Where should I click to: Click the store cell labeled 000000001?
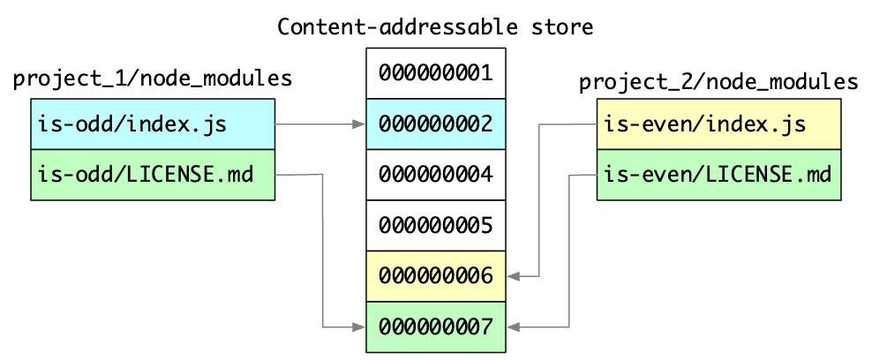click(435, 72)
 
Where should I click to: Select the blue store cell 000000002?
click(435, 124)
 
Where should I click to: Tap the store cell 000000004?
click(435, 175)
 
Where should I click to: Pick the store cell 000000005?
click(435, 226)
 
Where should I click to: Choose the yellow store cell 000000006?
click(435, 276)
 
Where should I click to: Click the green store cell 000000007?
click(435, 326)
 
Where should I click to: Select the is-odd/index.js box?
click(153, 124)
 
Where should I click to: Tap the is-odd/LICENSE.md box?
click(153, 175)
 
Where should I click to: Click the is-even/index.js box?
click(719, 124)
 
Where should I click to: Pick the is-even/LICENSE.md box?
click(719, 175)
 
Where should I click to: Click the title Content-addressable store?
click(435, 26)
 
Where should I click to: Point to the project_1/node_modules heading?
click(153, 79)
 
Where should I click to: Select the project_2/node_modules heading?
click(718, 83)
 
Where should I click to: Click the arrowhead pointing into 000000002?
click(359, 124)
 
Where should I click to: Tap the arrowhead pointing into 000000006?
click(513, 276)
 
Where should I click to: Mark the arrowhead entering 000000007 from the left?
click(359, 327)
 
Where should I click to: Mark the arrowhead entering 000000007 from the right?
click(513, 327)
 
